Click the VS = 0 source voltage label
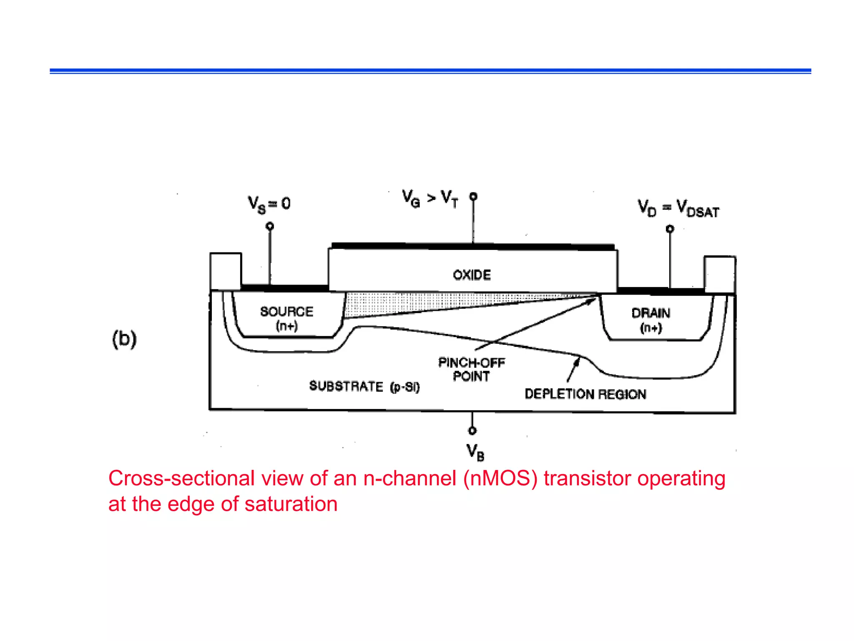[269, 204]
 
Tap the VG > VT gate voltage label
[430, 199]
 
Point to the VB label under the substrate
[475, 452]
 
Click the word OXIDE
[472, 275]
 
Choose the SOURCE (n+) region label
[286, 318]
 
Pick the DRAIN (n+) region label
[651, 320]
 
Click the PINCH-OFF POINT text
[471, 369]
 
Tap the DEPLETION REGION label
[585, 394]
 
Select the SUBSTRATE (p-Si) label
[364, 386]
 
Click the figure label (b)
[124, 338]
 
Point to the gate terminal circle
[473, 196]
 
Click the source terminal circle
[270, 226]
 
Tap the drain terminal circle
[670, 229]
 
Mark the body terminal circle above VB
[472, 430]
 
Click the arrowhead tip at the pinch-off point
[595, 298]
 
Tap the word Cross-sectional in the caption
[181, 478]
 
